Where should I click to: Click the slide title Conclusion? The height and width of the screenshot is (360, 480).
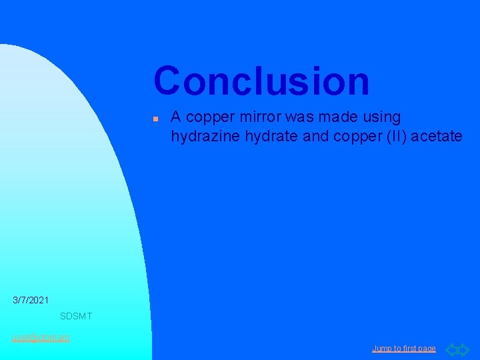point(261,81)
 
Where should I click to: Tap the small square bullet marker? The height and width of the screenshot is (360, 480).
point(154,118)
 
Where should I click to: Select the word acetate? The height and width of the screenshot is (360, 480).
point(440,137)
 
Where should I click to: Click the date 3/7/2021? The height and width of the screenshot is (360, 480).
point(31,301)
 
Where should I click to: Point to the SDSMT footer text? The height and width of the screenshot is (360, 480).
point(76,316)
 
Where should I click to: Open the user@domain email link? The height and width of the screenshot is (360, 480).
point(40,337)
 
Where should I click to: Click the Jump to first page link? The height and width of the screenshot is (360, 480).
point(404,349)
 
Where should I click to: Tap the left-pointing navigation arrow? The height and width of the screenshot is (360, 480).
point(451,349)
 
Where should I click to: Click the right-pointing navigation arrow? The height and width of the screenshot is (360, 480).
point(464,349)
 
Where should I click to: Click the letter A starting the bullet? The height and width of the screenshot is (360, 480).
point(176,117)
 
